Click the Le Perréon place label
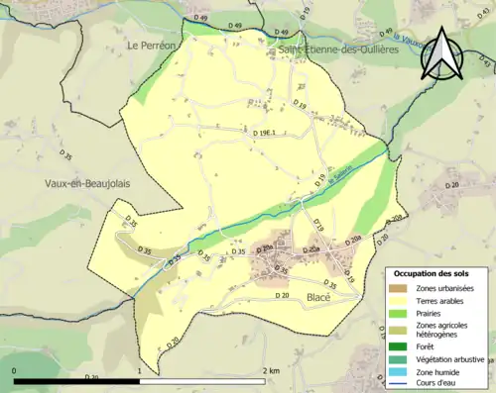150,46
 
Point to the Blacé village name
317,297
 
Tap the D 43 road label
486,61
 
